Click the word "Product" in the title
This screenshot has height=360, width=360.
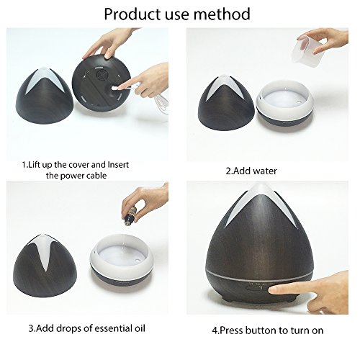pos(132,14)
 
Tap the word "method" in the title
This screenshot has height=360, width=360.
pos(222,14)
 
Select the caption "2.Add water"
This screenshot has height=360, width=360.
pos(251,171)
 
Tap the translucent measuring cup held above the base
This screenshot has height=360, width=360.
pos(305,49)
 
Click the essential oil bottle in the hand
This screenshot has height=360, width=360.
pos(130,217)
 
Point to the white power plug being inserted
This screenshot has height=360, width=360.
pos(114,89)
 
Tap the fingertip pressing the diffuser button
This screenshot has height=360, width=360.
pos(273,290)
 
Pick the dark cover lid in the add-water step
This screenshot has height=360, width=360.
pos(225,103)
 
